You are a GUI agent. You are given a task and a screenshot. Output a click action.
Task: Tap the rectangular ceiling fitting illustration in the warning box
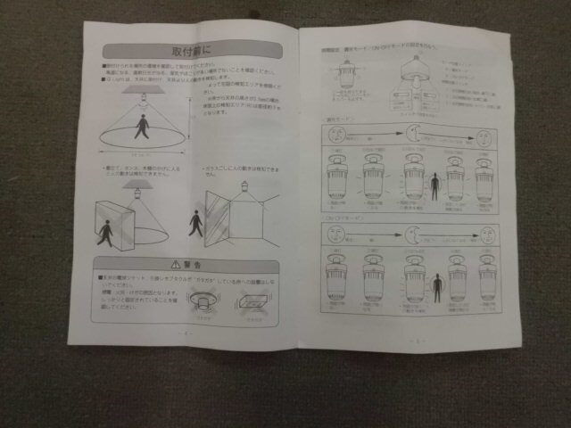pyautogui.click(x=253, y=303)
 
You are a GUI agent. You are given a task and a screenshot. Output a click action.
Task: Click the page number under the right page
pyautogui.click(x=413, y=342)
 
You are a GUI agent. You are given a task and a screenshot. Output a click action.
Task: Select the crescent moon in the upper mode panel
pyautogui.click(x=417, y=136)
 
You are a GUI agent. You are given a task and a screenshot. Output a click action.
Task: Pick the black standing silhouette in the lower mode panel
pyautogui.click(x=437, y=292)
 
